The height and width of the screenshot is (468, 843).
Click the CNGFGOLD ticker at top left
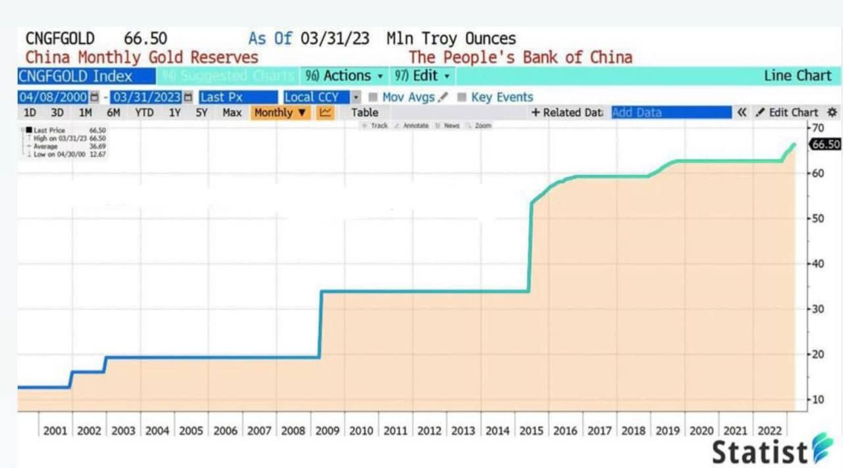click(60, 38)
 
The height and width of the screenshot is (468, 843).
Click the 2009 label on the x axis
click(327, 430)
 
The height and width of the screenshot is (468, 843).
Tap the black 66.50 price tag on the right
click(825, 144)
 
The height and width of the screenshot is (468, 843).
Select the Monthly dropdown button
click(281, 113)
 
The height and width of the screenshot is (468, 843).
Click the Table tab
click(364, 113)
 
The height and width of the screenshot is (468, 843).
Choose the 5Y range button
click(202, 113)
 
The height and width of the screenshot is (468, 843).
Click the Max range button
click(232, 113)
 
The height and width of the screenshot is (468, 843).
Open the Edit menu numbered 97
click(422, 76)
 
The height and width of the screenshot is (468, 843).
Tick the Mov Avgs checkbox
click(373, 97)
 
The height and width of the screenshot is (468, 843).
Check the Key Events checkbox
click(462, 97)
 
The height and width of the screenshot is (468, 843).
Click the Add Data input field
click(671, 113)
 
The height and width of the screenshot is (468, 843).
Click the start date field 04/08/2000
click(53, 97)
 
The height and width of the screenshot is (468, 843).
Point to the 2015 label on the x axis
click(531, 430)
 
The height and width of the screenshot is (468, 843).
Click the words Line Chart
click(798, 76)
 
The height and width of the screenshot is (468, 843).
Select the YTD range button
click(144, 113)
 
